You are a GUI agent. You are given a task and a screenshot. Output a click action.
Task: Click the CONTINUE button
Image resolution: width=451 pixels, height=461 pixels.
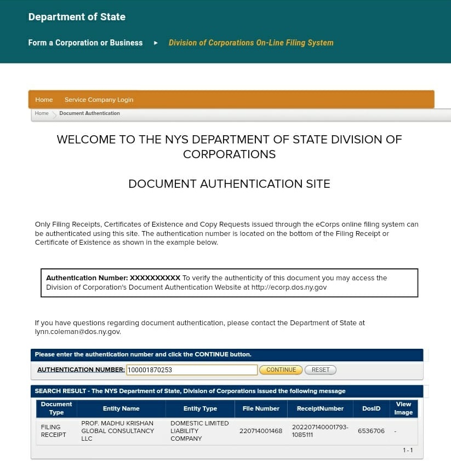(281, 370)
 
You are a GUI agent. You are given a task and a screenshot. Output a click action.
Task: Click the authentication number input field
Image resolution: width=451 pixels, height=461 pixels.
(192, 370)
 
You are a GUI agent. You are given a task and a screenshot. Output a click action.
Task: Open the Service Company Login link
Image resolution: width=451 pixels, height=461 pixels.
(99, 100)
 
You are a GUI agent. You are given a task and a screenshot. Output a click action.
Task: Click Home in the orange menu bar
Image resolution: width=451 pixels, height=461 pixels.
(44, 100)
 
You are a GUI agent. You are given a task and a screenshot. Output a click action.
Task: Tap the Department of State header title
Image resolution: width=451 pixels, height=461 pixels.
(77, 17)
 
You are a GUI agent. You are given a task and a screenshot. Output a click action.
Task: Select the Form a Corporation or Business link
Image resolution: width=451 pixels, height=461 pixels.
(85, 43)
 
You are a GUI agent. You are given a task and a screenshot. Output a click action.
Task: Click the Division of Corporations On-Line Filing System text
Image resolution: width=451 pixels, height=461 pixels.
(251, 43)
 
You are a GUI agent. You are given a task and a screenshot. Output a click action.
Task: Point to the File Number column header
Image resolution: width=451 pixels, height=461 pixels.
(261, 408)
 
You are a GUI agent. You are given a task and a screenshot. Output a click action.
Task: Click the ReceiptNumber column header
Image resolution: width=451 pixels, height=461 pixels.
(320, 408)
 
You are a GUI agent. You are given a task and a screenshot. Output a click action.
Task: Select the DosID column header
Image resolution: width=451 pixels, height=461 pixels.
(371, 408)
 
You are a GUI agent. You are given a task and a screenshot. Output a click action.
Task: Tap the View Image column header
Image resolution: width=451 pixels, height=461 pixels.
(403, 408)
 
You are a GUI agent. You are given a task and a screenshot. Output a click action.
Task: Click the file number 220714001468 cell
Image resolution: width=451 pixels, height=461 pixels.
(261, 431)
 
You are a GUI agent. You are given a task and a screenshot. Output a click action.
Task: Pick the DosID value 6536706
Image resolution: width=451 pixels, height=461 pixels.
(371, 431)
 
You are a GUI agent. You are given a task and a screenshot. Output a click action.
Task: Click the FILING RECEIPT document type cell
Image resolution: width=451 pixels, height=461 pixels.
(54, 431)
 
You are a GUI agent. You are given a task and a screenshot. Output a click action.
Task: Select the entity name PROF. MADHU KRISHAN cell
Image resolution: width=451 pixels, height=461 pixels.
(117, 431)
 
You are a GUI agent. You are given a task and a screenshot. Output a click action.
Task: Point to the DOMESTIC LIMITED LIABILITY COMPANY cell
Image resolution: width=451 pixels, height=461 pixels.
(199, 431)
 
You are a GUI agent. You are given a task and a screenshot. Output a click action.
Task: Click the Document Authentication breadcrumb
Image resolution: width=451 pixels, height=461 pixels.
(89, 113)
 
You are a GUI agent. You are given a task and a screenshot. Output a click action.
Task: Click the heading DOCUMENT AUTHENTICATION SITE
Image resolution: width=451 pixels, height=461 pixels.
(229, 184)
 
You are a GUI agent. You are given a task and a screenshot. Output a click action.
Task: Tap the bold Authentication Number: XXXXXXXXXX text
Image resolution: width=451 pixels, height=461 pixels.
(113, 278)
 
